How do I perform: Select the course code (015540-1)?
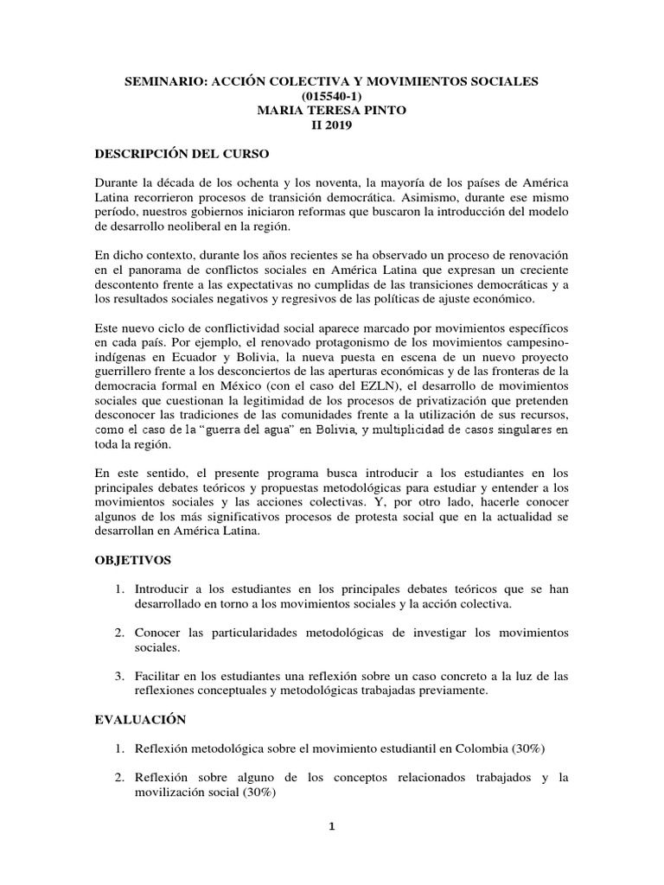point(332,96)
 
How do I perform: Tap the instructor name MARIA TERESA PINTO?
point(332,111)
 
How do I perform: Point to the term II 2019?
point(332,125)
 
